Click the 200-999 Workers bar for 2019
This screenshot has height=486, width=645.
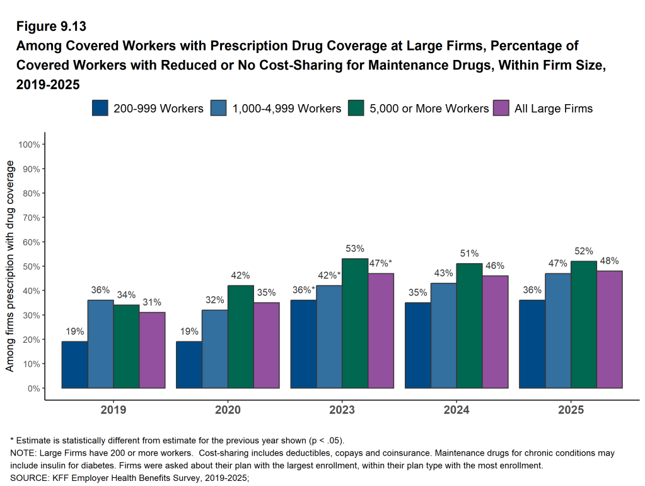pyautogui.click(x=74, y=365)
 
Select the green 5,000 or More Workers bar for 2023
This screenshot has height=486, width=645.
pyautogui.click(x=355, y=323)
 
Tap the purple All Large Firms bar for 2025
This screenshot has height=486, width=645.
pyautogui.click(x=610, y=329)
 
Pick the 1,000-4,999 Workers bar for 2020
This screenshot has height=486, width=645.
pyautogui.click(x=215, y=349)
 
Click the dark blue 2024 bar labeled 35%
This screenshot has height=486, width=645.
pyautogui.click(x=418, y=345)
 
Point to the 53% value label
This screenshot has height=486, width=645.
pyautogui.click(x=355, y=249)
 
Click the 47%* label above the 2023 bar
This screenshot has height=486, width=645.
pyautogui.click(x=380, y=263)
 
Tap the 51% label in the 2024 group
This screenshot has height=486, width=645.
pyautogui.click(x=469, y=254)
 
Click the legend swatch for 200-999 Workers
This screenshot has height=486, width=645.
pyautogui.click(x=100, y=108)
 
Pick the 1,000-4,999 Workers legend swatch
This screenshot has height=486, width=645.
pyautogui.click(x=219, y=108)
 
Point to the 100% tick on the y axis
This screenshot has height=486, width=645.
pyautogui.click(x=30, y=145)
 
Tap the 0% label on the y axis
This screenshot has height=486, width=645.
pyautogui.click(x=34, y=388)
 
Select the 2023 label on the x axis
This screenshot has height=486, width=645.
pyautogui.click(x=342, y=410)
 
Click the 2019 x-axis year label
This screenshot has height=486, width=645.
pyautogui.click(x=113, y=410)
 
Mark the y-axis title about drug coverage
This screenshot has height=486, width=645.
pyautogui.click(x=9, y=266)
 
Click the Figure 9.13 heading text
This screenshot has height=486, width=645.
pyautogui.click(x=51, y=27)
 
